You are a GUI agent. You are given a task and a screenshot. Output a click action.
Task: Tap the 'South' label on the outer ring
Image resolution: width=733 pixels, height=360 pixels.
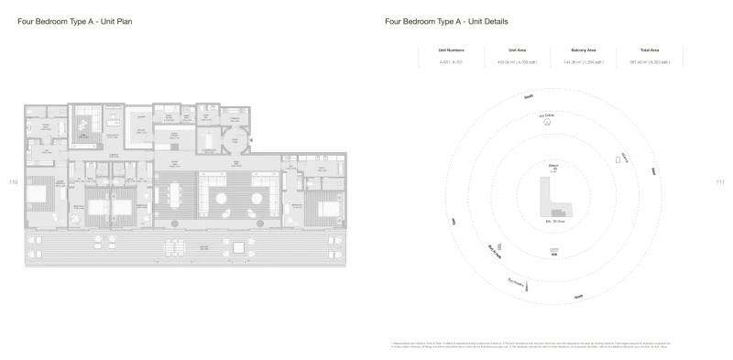[x=528, y=96]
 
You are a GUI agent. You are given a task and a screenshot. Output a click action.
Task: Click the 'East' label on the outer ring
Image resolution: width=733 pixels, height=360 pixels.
[x=652, y=171]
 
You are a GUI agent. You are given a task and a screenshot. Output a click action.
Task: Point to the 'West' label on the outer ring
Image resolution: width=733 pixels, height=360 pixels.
[x=453, y=221]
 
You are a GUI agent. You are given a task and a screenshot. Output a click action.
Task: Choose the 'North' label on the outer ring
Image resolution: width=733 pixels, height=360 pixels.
[x=578, y=296]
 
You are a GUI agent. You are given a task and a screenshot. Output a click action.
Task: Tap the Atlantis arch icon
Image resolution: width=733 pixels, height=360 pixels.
[x=618, y=160]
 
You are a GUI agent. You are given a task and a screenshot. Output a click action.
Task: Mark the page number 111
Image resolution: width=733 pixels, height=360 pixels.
[x=719, y=181]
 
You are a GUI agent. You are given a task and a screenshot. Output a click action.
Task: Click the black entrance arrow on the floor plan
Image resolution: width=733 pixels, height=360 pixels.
[x=252, y=140]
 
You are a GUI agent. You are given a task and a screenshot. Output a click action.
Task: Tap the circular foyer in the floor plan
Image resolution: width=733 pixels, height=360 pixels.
[x=234, y=140]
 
